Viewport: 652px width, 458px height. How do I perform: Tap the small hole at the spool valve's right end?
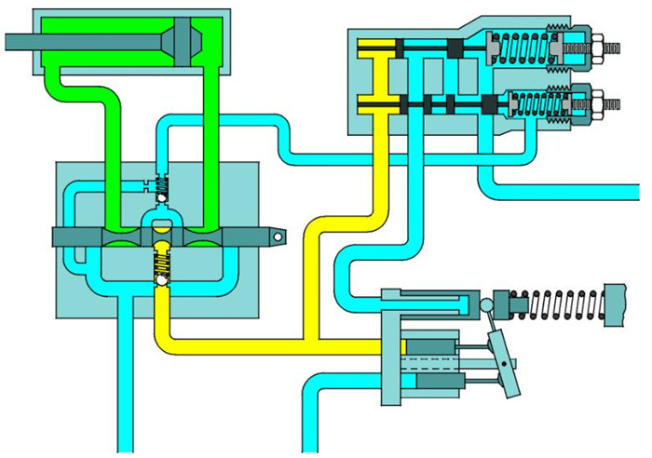(x=278, y=237)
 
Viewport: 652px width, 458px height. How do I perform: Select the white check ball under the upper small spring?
(x=161, y=198)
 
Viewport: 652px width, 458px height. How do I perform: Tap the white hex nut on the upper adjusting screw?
(x=597, y=44)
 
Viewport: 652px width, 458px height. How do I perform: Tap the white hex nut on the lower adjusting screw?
(x=597, y=100)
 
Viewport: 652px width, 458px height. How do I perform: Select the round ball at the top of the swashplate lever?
(x=486, y=305)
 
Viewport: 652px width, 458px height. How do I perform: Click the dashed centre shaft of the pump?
(x=438, y=363)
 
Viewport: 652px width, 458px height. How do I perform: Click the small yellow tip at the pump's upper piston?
(x=403, y=347)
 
